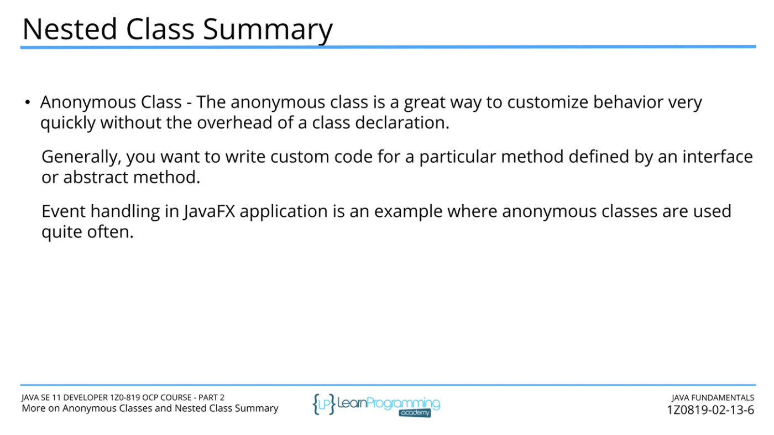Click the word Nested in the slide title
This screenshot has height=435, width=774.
(x=70, y=29)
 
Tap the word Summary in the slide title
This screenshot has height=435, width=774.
(x=268, y=30)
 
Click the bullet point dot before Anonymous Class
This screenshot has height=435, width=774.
(x=28, y=102)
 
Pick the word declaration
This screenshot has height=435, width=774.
(x=402, y=122)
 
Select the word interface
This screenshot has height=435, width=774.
(x=718, y=156)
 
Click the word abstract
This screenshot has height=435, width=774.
(x=96, y=177)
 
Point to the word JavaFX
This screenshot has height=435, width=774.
(x=209, y=211)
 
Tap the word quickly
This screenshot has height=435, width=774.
(x=67, y=123)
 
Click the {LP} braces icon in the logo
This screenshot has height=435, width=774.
(x=324, y=404)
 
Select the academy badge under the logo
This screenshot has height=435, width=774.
(x=415, y=413)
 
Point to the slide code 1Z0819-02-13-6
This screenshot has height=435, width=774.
(x=710, y=410)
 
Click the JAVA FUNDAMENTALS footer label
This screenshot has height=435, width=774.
(x=713, y=398)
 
